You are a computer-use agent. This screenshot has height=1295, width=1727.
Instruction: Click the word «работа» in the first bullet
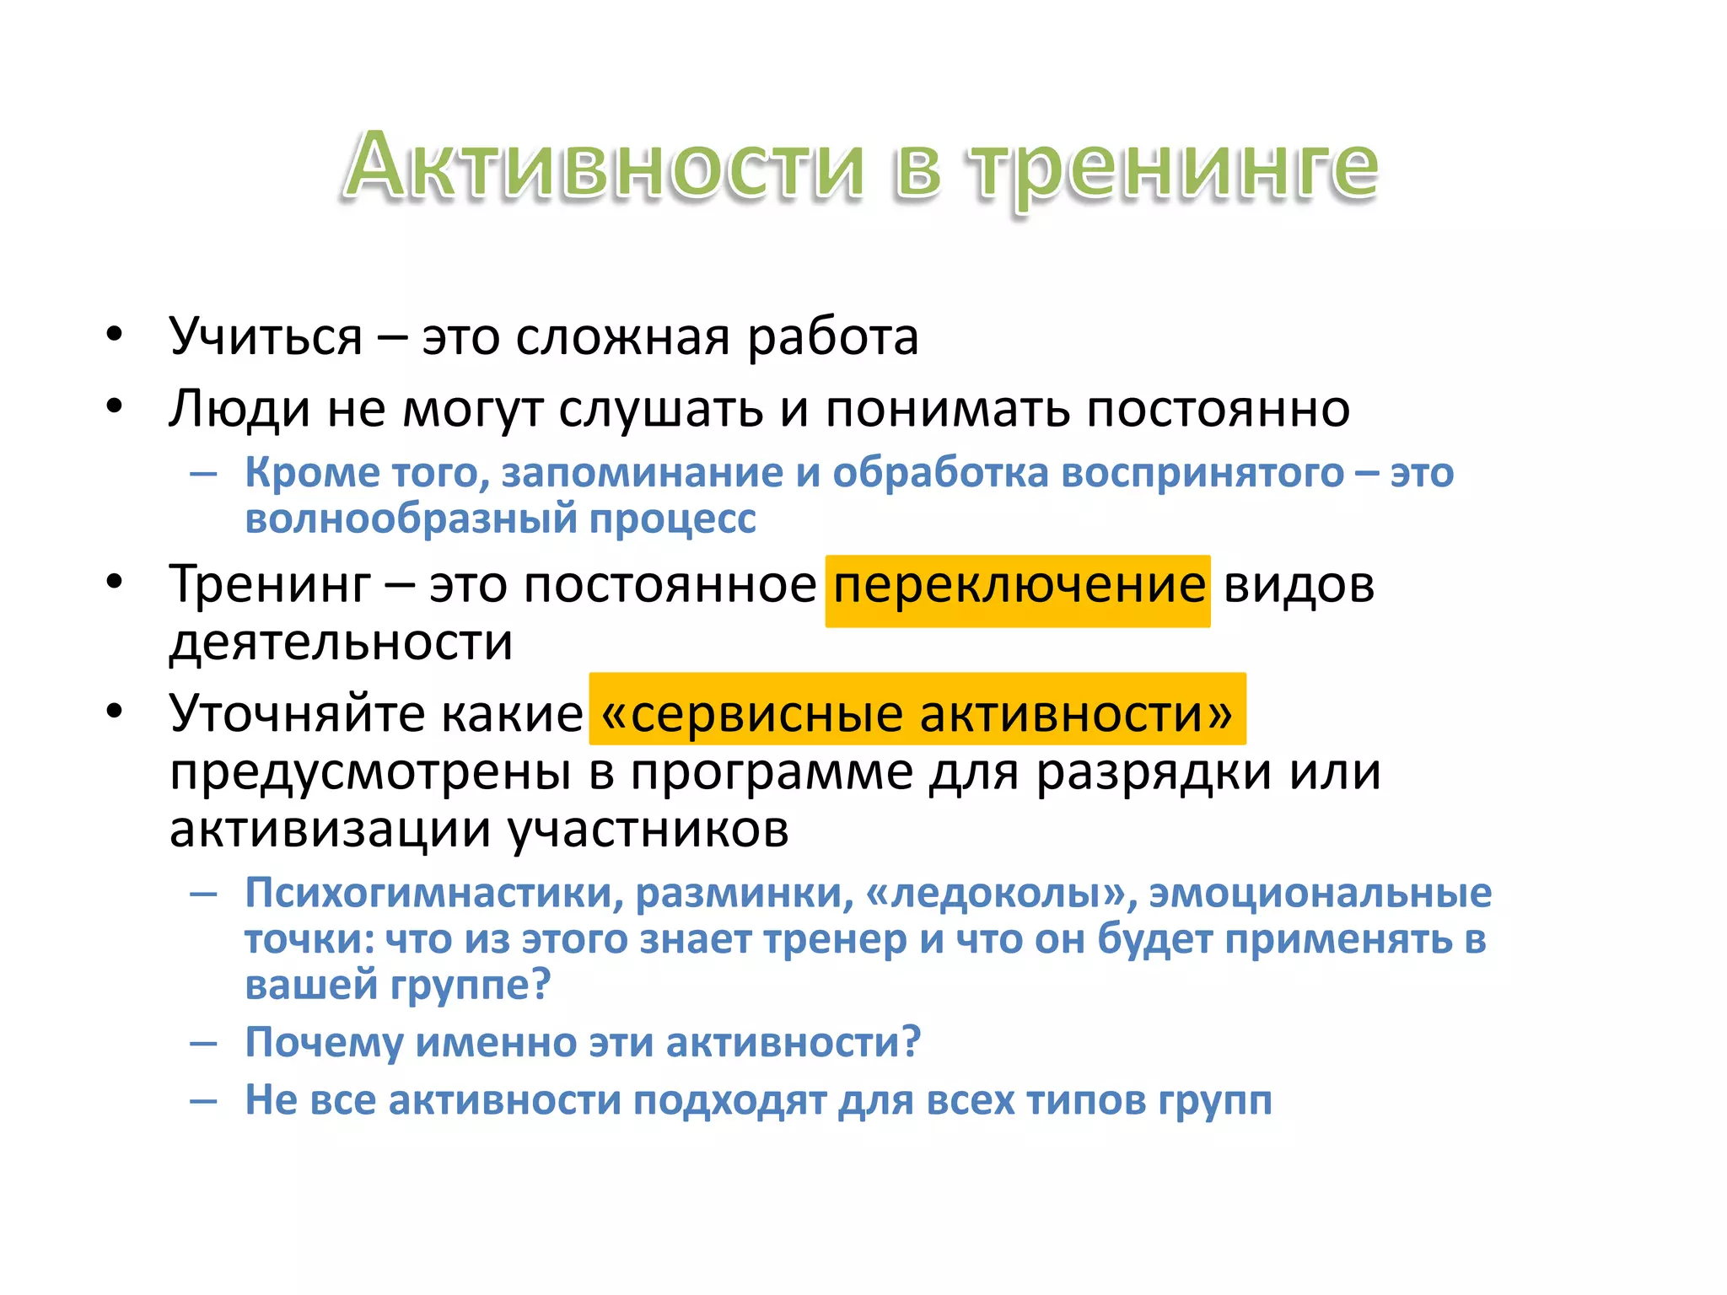click(x=832, y=337)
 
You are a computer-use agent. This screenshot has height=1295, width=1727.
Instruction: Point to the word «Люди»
click(x=239, y=411)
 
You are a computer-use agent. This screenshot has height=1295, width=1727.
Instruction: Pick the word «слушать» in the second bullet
click(x=662, y=411)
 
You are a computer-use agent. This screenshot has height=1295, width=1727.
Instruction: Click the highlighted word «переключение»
click(x=1019, y=586)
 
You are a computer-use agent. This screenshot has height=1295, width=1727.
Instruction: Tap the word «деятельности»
click(x=341, y=642)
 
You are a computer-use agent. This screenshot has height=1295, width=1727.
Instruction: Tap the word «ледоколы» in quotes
click(x=996, y=894)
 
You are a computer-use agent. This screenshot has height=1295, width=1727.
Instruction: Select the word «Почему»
click(x=324, y=1043)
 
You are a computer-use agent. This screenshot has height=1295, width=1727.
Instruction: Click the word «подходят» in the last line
click(x=729, y=1101)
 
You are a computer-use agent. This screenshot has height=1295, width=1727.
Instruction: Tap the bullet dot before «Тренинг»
click(x=115, y=583)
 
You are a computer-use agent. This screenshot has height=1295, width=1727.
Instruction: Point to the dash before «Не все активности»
click(x=203, y=1101)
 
